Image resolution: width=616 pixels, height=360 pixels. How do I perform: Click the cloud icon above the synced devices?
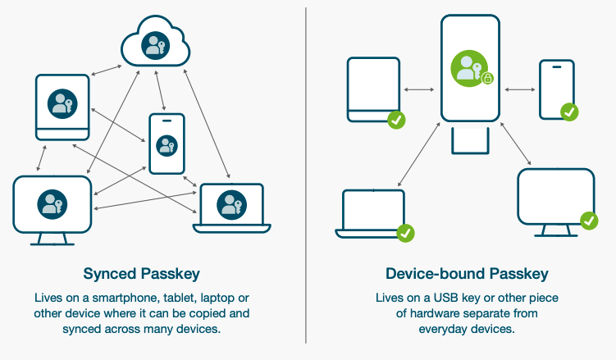[155, 46]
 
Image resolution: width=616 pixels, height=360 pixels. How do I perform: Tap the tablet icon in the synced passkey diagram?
[62, 106]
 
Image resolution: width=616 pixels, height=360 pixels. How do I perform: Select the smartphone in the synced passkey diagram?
[167, 144]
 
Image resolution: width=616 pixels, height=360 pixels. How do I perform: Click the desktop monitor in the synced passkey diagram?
[52, 204]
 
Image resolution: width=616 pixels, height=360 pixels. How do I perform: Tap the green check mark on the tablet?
[396, 121]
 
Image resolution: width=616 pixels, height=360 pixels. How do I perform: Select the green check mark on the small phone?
[568, 112]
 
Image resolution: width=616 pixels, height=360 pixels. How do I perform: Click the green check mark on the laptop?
[405, 234]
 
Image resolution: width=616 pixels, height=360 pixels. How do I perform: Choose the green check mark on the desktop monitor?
[589, 220]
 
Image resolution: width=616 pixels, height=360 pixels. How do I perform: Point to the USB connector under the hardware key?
[470, 140]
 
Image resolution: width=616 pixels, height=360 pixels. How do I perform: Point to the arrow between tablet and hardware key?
[419, 89]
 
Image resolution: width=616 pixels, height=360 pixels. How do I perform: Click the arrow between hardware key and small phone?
[519, 89]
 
